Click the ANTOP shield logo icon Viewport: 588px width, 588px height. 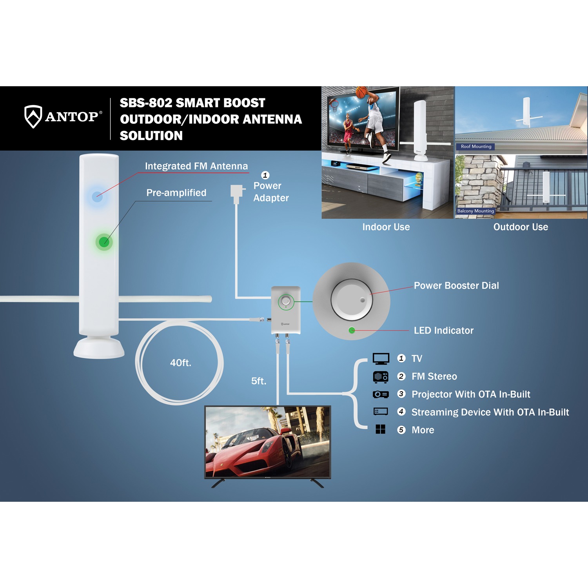coord(33,116)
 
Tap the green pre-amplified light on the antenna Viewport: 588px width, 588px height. coord(104,242)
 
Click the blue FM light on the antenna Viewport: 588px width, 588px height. coord(97,196)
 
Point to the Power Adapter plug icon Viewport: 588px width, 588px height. coord(236,193)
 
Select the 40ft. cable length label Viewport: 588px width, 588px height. coord(180,363)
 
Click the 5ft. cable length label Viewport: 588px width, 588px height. coord(259,381)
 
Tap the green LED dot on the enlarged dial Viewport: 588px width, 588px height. coord(352,330)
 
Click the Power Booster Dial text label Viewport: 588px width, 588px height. coord(456,285)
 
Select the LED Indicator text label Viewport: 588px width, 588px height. coord(443,330)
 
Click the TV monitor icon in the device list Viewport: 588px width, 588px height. coord(381,358)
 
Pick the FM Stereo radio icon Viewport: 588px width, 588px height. coord(381,376)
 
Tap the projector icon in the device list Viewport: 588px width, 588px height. coord(381,394)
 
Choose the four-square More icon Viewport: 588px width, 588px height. coord(381,429)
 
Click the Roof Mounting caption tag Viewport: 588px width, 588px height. coord(476,147)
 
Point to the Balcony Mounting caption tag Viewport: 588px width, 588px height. coord(475,211)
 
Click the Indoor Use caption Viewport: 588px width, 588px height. coord(386,227)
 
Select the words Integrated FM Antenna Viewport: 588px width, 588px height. coord(196,166)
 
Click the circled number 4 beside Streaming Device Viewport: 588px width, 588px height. coord(401,412)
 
